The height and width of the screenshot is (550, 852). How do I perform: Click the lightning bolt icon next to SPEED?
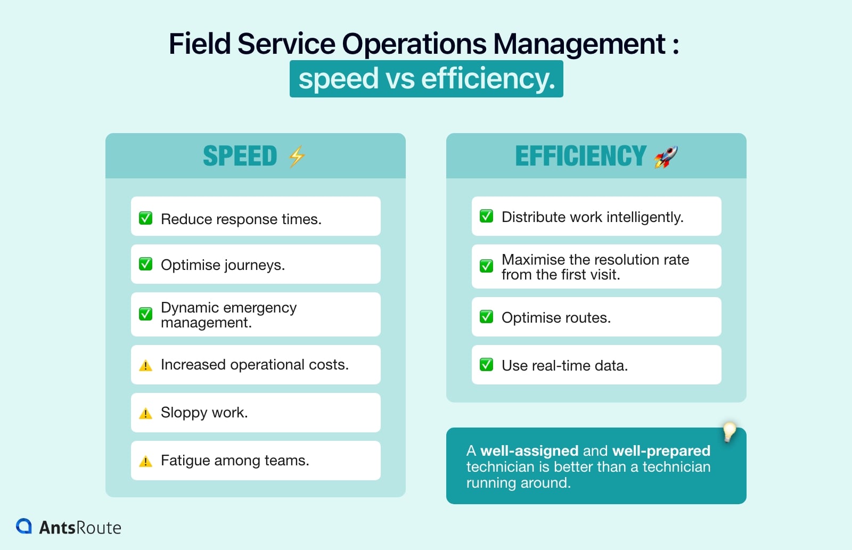click(x=297, y=157)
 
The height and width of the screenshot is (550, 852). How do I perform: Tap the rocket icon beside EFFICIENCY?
click(x=666, y=157)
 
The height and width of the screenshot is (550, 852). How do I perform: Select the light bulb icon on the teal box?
click(x=729, y=431)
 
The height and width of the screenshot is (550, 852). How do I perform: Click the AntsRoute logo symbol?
click(x=24, y=526)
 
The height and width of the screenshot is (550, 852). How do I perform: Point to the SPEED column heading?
click(x=240, y=157)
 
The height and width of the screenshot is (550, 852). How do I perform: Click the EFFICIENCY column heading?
click(x=580, y=157)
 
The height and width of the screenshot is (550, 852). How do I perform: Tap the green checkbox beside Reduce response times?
click(x=145, y=218)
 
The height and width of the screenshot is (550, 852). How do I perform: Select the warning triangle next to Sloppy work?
click(x=145, y=413)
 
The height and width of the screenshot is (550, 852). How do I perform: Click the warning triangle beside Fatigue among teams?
click(x=145, y=461)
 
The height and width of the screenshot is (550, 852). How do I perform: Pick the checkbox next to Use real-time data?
click(x=486, y=365)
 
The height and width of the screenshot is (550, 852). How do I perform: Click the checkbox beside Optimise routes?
click(x=486, y=317)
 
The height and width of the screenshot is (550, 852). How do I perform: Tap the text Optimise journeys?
click(x=223, y=265)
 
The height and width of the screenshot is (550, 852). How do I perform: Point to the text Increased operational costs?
click(x=255, y=365)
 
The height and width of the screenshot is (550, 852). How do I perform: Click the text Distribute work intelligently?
click(x=592, y=217)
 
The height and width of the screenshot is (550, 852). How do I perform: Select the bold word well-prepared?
click(x=661, y=450)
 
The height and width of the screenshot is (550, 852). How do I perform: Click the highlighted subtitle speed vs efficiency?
click(x=427, y=79)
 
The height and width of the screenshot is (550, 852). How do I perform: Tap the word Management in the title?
click(x=579, y=44)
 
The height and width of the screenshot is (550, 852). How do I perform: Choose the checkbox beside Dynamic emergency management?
click(x=145, y=314)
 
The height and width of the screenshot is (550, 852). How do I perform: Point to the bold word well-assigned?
click(x=529, y=450)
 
